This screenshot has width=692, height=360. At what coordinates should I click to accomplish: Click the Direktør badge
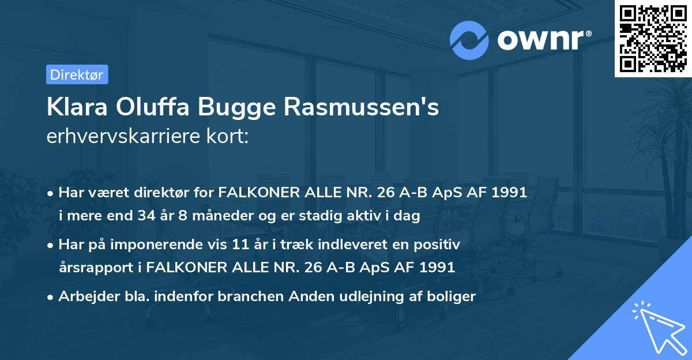[x=77, y=74]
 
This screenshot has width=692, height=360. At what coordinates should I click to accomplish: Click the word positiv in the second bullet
[x=438, y=244]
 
